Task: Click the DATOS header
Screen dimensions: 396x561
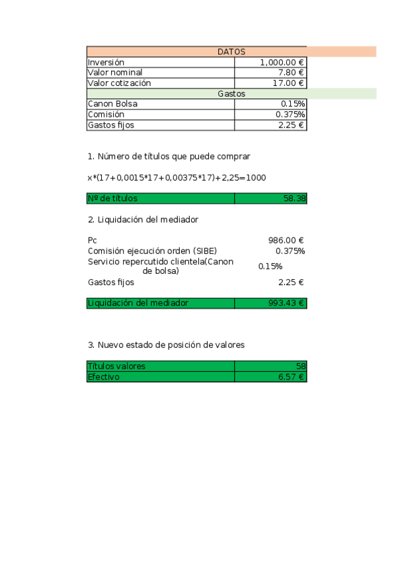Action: click(x=231, y=52)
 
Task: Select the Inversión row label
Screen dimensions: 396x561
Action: click(x=106, y=62)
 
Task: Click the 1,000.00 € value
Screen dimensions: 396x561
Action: click(x=282, y=62)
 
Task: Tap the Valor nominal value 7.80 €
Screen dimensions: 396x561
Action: click(x=291, y=73)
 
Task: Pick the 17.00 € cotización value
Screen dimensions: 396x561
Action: click(x=289, y=83)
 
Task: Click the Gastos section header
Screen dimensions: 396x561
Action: click(x=231, y=94)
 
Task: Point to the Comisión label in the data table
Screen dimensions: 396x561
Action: click(x=106, y=114)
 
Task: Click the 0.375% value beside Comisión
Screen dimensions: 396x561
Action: click(x=290, y=114)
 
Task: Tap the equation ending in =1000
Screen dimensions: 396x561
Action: click(x=177, y=178)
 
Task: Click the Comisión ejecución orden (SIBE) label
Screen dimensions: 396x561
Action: click(x=152, y=251)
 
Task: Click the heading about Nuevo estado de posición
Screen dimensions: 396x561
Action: click(x=166, y=345)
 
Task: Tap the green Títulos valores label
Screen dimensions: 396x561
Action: click(x=116, y=366)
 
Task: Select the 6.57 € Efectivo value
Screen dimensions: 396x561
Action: click(x=291, y=376)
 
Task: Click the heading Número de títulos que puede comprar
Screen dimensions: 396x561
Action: click(x=169, y=157)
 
